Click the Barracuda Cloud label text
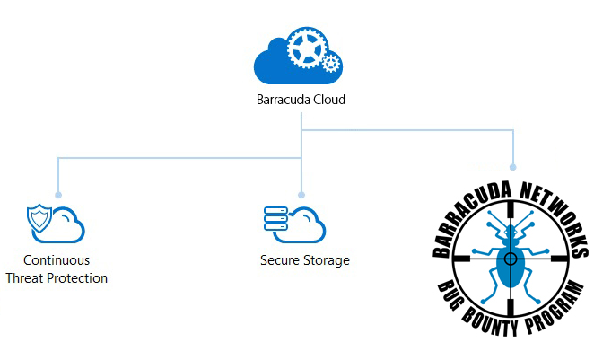tap(301, 100)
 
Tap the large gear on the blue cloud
tap(307, 48)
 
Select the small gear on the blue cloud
tap(330, 63)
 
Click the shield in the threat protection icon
tap(39, 218)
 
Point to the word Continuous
tap(57, 260)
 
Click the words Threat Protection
tap(57, 278)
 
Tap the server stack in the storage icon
tap(275, 219)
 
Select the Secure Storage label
tap(305, 260)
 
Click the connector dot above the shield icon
tap(58, 195)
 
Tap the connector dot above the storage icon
tap(301, 195)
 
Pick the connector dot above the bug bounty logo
tap(513, 167)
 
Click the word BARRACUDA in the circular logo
tap(466, 216)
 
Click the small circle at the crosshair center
tap(511, 259)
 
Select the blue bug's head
tap(511, 232)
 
